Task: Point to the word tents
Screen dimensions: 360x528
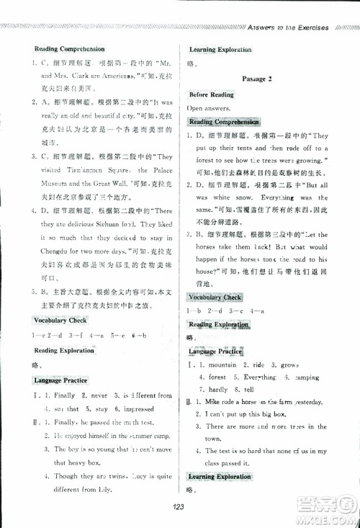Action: pyautogui.click(x=249, y=148)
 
